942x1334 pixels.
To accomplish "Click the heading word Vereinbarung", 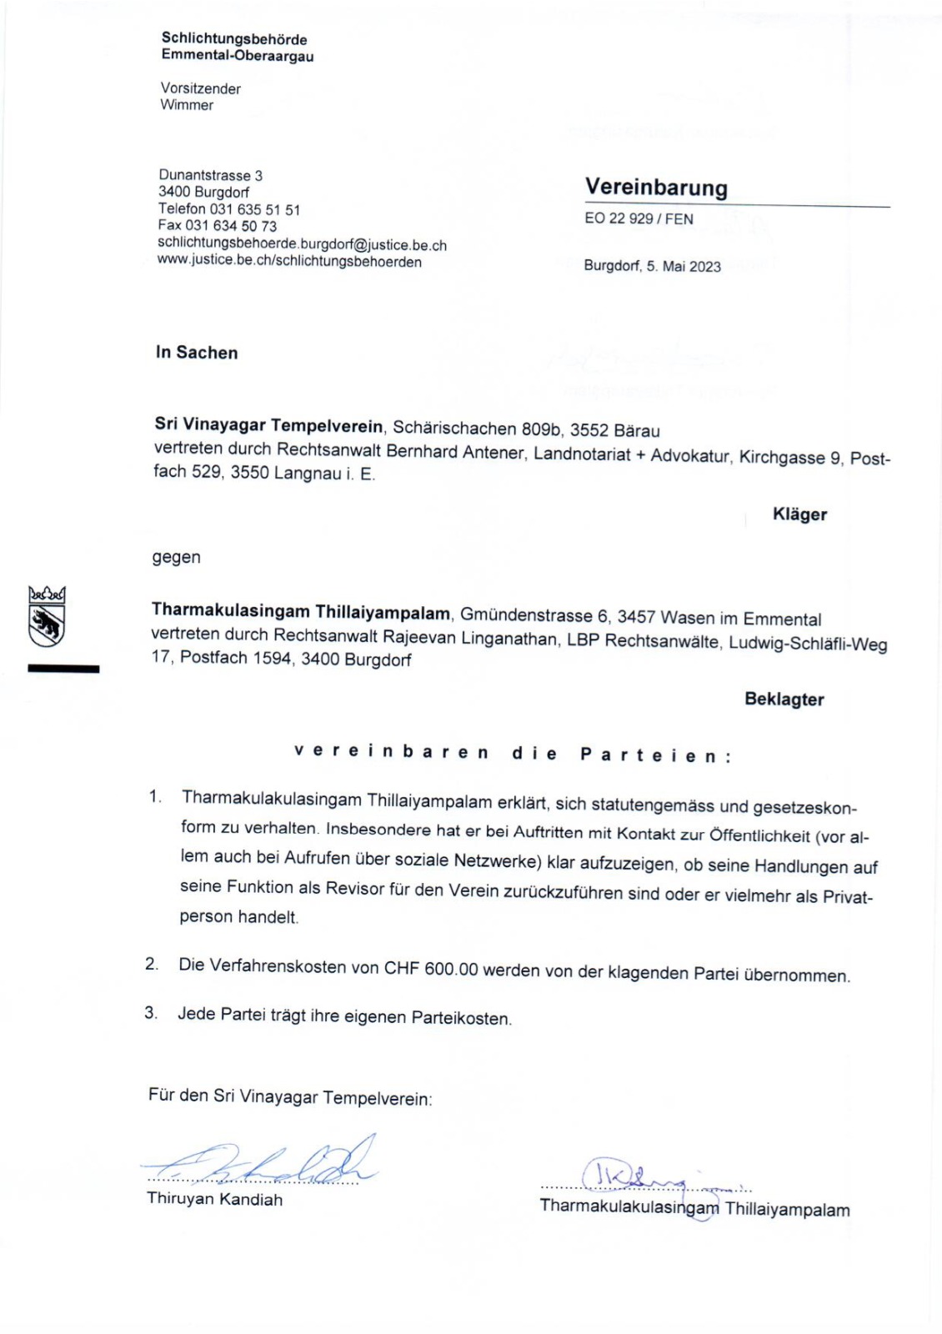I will click(x=656, y=188).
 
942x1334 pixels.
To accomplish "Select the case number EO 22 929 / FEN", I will click(x=639, y=219).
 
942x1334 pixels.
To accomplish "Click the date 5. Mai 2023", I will click(x=684, y=267).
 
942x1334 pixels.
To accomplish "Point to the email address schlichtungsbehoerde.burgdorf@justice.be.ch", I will click(x=302, y=244).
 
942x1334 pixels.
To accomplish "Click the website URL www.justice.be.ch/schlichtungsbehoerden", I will click(x=289, y=262).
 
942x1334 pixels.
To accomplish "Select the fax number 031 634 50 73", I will click(x=231, y=226).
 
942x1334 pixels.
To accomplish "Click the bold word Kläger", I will click(x=799, y=514).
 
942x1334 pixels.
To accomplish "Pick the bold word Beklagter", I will click(x=784, y=700).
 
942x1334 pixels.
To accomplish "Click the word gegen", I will click(x=176, y=557).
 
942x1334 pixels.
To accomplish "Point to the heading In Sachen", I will click(x=197, y=353).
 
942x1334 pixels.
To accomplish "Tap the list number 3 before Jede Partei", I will click(x=150, y=1013).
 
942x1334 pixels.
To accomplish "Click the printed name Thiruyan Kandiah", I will click(x=214, y=1200).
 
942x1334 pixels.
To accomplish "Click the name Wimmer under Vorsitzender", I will click(x=187, y=105).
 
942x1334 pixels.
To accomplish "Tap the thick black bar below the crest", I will click(x=63, y=669).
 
